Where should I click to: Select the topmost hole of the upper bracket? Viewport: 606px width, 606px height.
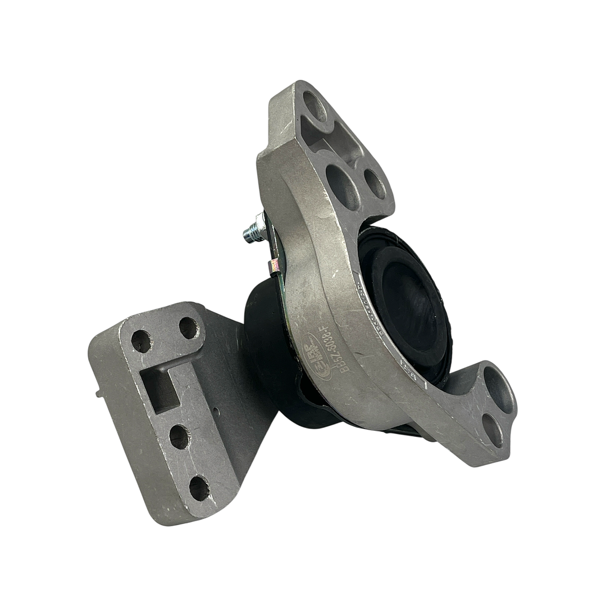(315, 107)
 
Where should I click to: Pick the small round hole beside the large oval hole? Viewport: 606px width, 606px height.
(375, 183)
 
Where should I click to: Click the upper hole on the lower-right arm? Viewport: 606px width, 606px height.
(499, 389)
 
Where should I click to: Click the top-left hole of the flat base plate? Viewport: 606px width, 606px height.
(141, 341)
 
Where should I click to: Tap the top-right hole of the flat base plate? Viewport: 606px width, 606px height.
(189, 328)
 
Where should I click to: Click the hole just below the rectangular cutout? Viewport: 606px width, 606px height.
(179, 436)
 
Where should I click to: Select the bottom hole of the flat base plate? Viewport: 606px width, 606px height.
(199, 487)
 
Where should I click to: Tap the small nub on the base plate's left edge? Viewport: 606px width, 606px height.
(99, 393)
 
